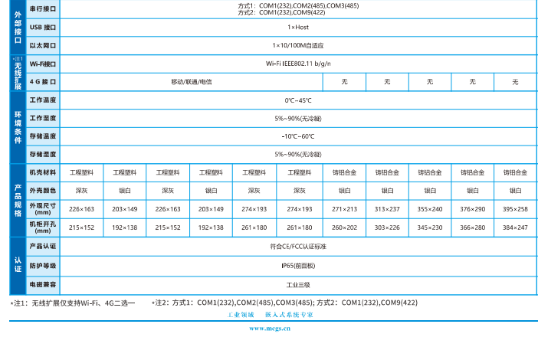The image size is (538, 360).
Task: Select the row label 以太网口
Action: (43, 45)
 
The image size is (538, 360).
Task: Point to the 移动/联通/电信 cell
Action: (191, 82)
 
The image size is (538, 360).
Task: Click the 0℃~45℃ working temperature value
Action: (298, 100)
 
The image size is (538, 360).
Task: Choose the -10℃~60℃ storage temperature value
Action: (298, 136)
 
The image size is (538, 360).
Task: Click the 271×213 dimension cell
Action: (344, 209)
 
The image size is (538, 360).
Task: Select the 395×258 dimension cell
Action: (515, 209)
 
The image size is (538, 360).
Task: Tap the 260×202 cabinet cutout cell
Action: (344, 227)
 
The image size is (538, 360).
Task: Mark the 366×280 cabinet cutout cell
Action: (472, 227)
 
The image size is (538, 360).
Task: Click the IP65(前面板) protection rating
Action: (298, 265)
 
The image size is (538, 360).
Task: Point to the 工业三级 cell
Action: (298, 284)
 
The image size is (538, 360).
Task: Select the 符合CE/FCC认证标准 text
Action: (298, 247)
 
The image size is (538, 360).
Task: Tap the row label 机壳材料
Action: (43, 172)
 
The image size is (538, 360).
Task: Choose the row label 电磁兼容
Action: (43, 284)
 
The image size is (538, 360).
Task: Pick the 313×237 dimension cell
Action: (387, 209)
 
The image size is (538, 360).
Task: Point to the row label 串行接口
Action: (43, 8)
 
